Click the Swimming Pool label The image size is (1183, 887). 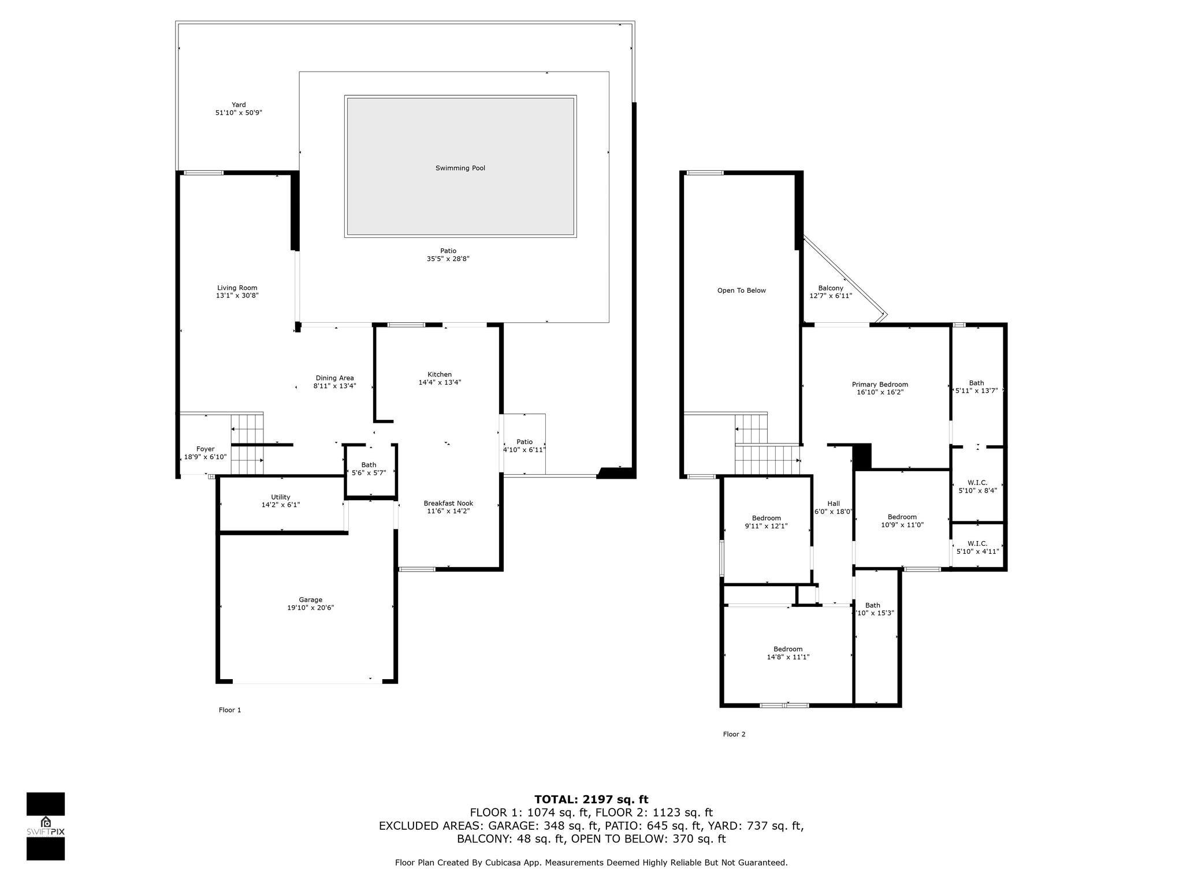coord(460,168)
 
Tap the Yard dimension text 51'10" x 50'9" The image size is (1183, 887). coord(239,113)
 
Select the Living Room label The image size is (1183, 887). coord(237,288)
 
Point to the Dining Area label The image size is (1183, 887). coord(334,378)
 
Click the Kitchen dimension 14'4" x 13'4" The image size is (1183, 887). coord(440,382)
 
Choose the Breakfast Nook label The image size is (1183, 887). coord(448,503)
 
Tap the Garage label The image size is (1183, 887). coord(310,599)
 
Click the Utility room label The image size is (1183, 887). coord(281,497)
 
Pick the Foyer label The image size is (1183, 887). coord(205,449)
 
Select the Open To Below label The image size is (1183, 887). coord(741,290)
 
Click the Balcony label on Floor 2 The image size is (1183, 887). coord(831,288)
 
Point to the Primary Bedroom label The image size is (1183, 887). coord(880,385)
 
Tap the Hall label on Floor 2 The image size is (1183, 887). coord(834,504)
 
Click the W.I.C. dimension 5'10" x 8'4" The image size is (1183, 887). coord(977,490)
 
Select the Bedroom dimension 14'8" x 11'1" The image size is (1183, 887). coord(788,657)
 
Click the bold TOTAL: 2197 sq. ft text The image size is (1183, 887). coord(591,799)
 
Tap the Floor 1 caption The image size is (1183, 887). coord(230,710)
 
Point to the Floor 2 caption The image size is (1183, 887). coord(734,734)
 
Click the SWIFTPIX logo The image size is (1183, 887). coord(46,826)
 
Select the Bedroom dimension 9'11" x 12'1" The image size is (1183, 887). coord(766,526)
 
